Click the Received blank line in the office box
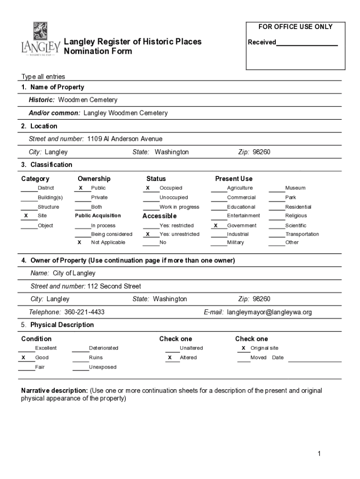(307, 43)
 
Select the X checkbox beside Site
(26, 216)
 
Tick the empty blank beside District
(29, 189)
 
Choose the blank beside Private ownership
(83, 198)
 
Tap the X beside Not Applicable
(79, 242)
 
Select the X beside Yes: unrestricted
(148, 234)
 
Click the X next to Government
(216, 225)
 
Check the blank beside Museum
(277, 189)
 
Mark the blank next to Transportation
(277, 234)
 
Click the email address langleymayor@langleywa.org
(269, 312)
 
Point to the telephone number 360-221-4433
(84, 312)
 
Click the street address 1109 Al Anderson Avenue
(125, 139)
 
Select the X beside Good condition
(23, 357)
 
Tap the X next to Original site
(244, 348)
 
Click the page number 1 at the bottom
(318, 453)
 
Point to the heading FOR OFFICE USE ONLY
(295, 27)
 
